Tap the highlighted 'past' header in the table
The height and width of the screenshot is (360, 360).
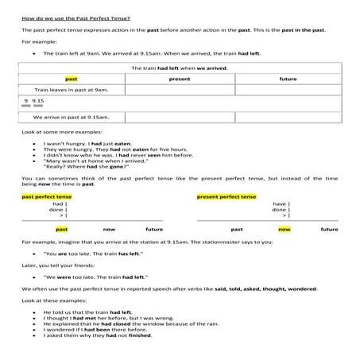(x=72, y=79)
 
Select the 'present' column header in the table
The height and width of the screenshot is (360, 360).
(x=180, y=79)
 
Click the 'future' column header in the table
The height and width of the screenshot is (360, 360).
(x=288, y=79)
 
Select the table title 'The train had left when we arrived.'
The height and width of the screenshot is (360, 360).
(x=180, y=68)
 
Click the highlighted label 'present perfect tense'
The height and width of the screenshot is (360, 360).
(x=226, y=195)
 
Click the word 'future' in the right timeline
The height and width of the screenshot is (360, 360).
(x=329, y=229)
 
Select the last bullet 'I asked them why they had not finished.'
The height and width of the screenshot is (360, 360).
(x=96, y=335)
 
